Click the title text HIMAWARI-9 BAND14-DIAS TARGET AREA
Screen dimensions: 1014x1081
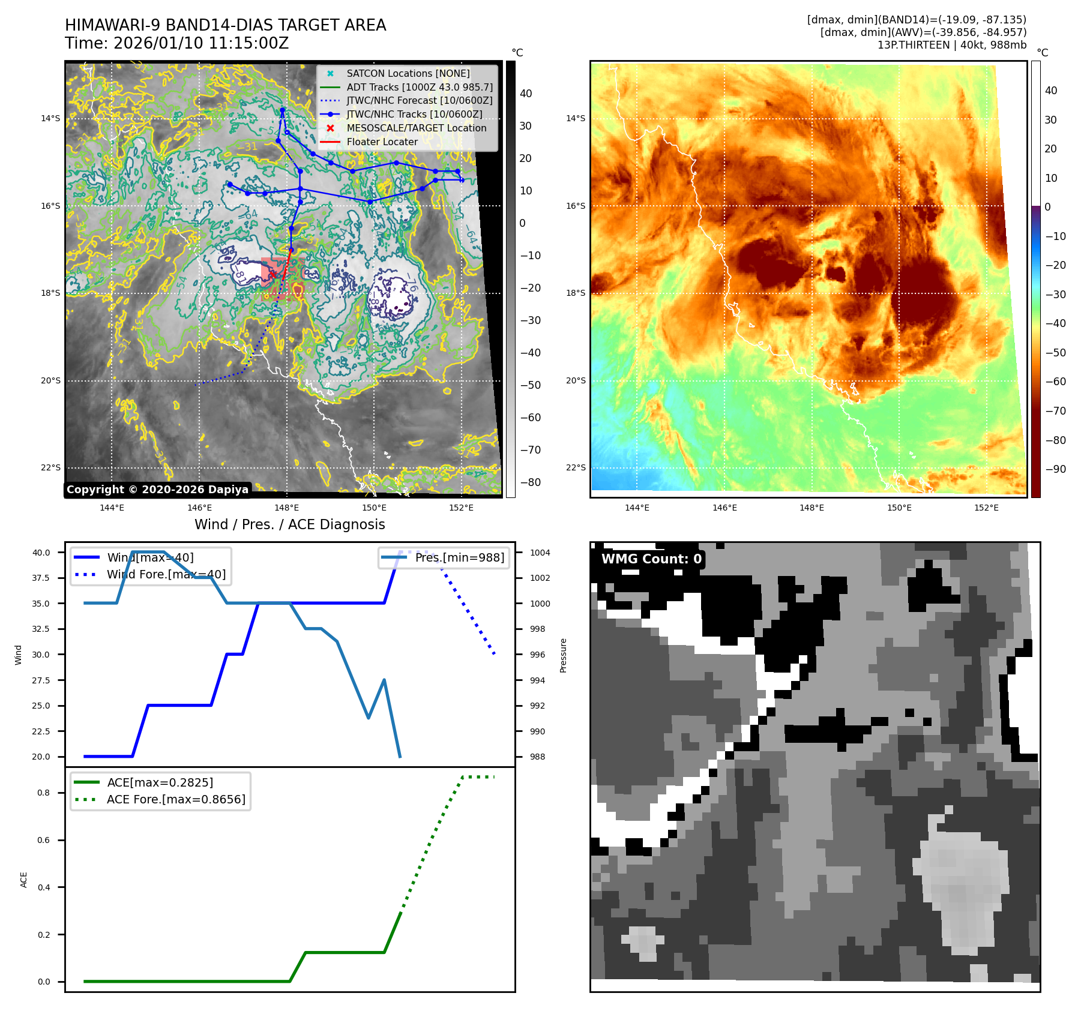(225, 25)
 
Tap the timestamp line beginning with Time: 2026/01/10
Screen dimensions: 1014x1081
(177, 43)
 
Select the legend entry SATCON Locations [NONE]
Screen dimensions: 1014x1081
(408, 73)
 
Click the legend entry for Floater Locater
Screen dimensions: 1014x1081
(382, 142)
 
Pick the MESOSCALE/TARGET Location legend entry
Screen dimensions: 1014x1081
(416, 128)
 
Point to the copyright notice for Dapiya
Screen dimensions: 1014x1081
(157, 490)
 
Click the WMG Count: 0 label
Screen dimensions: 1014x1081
(651, 559)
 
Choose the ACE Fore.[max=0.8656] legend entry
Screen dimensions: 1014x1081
(176, 799)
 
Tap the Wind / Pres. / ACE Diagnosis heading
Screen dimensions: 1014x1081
(289, 524)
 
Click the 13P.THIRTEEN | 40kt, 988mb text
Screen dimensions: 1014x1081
(951, 45)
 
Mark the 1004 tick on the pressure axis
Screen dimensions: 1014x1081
(540, 553)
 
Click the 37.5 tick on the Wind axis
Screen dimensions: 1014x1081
(41, 578)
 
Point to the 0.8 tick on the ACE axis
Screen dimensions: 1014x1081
(44, 793)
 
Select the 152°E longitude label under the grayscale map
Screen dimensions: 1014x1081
(461, 508)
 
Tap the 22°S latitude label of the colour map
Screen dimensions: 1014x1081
(575, 467)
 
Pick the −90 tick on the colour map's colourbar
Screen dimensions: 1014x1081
(1055, 469)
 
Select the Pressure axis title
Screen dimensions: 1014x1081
(563, 655)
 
